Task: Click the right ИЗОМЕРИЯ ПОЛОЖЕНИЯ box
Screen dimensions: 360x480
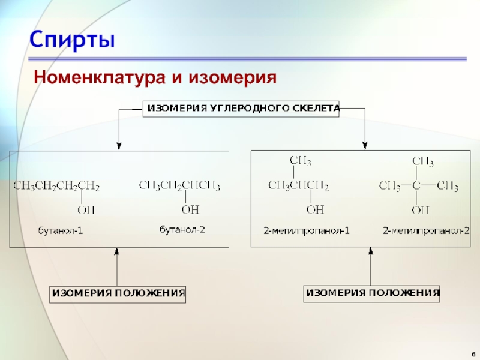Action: point(373,293)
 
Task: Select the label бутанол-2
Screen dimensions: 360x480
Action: point(182,230)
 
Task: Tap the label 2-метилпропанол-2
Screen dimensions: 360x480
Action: point(426,230)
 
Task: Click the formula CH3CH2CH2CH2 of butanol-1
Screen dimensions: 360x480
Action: point(56,186)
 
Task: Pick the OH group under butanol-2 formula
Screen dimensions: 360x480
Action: point(190,209)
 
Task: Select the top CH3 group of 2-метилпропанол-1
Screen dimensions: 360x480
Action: point(300,161)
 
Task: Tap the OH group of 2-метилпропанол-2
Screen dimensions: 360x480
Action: point(420,209)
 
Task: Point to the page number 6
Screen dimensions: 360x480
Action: point(472,353)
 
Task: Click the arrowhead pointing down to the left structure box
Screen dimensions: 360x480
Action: point(119,145)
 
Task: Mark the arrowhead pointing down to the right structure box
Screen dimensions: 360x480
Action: point(365,145)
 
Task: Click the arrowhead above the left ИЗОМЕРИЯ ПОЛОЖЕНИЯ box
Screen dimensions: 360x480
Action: point(117,253)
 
